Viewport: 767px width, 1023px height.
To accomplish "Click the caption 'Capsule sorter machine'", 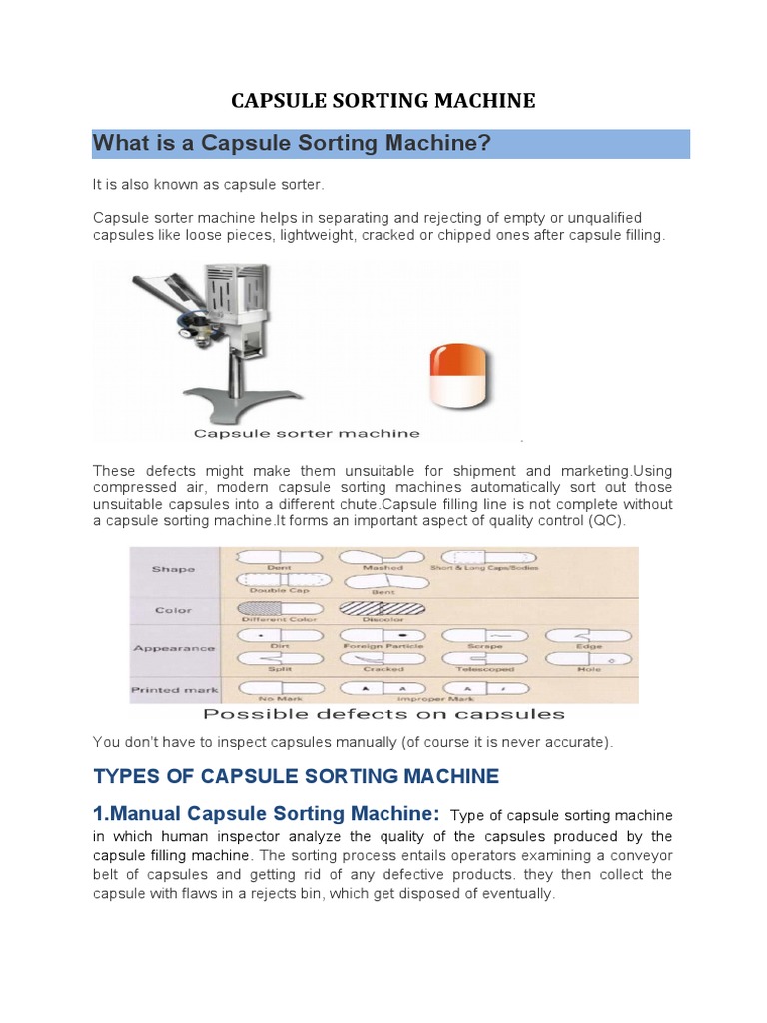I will [307, 433].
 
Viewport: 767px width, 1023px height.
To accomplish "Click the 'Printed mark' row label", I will [169, 689].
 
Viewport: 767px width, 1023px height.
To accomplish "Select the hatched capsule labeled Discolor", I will [382, 606].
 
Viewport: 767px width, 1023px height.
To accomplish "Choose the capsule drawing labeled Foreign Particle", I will [382, 634].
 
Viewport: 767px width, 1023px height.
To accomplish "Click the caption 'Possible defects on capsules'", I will [383, 714].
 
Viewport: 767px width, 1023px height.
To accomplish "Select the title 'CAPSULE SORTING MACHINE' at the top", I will [383, 100].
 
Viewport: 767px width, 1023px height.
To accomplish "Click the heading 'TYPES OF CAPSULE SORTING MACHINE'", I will [296, 776].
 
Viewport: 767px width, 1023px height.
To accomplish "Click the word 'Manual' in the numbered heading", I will [144, 814].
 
